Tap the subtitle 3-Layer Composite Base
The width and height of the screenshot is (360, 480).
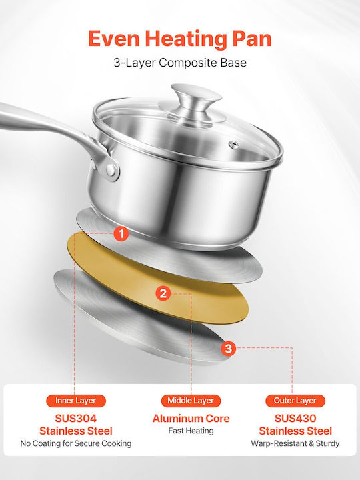coord(180,63)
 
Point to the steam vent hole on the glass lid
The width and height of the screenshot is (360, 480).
coord(233,144)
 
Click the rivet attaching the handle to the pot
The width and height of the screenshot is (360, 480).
coord(111,170)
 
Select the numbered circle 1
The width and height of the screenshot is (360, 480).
coord(121,233)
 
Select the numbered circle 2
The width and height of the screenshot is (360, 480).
coord(163,293)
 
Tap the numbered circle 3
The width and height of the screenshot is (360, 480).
coord(229,348)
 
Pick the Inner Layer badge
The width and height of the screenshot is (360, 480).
coord(76,401)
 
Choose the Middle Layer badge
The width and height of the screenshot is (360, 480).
coord(191,401)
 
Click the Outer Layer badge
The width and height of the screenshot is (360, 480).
coord(295,401)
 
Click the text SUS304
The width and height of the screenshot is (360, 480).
coord(76,418)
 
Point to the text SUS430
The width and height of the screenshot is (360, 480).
coord(295,418)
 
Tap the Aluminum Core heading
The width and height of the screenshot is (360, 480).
coord(191,418)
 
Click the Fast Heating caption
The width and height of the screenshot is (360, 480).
coord(191,431)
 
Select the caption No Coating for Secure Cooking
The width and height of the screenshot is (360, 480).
coord(76,443)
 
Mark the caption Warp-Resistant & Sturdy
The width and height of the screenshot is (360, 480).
coord(295,443)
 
